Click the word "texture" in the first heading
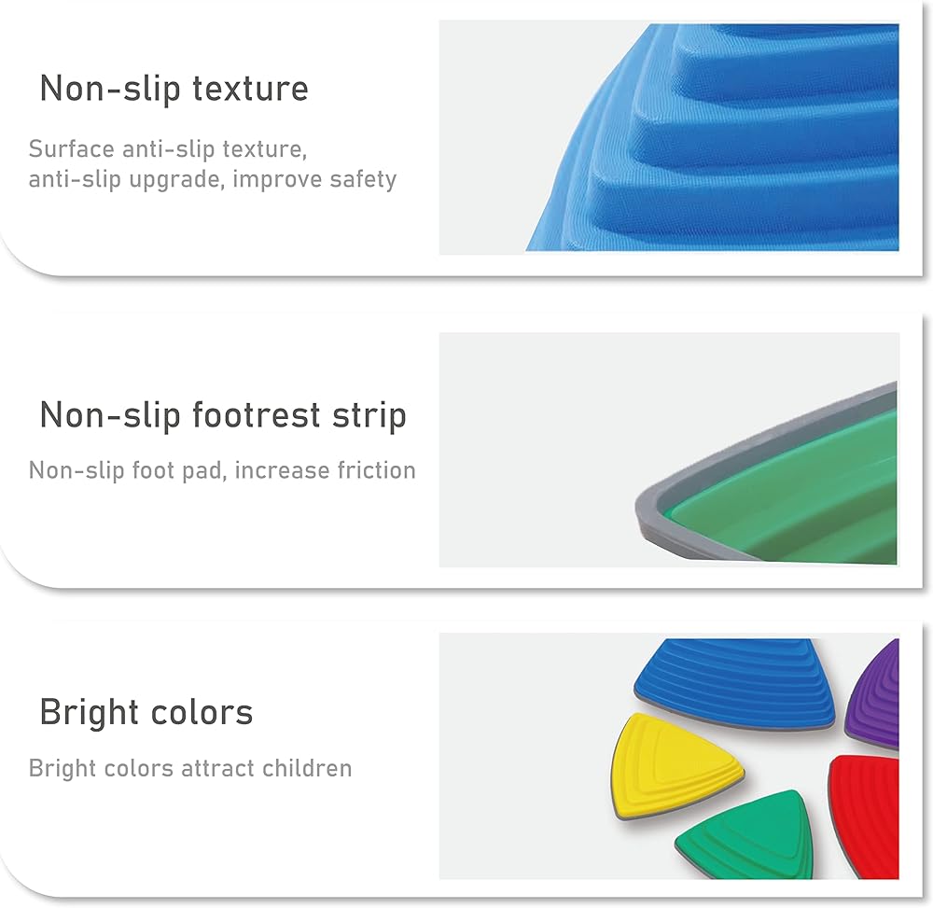(250, 88)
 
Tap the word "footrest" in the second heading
(257, 414)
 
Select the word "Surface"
(72, 148)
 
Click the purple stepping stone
(876, 696)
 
